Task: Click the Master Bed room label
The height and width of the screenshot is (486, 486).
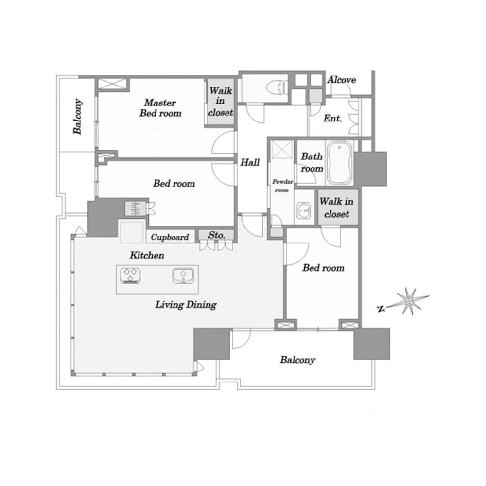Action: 160,108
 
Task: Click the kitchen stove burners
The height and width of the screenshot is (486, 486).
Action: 130,275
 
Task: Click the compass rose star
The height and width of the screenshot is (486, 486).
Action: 409,300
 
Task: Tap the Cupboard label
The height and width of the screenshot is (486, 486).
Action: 170,237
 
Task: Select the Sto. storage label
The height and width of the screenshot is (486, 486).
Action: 216,235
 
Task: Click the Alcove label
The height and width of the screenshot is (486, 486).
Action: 342,80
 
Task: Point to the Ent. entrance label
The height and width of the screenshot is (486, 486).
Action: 332,118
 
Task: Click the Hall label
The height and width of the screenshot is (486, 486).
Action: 250,162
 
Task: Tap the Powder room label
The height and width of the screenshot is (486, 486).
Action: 282,186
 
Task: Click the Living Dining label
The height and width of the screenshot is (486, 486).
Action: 186,305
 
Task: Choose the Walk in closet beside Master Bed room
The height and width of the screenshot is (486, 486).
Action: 220,102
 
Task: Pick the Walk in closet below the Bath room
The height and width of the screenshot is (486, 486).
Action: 337,208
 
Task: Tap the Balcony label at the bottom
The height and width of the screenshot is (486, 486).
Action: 297,360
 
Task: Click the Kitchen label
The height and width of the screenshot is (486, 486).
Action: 147,255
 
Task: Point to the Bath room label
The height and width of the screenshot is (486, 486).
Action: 312,162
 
